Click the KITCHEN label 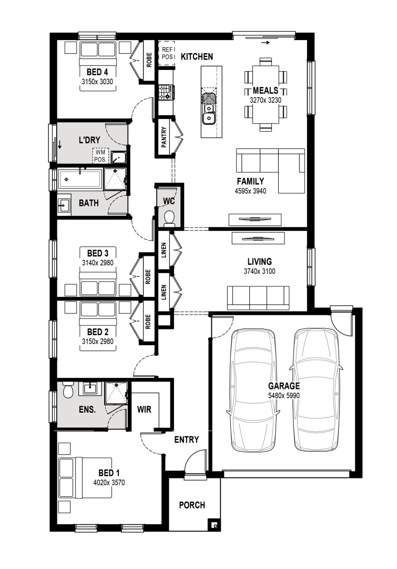click(197, 57)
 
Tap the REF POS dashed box click(167, 53)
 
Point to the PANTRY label click(164, 137)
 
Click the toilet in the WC click(169, 219)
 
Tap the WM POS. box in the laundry click(100, 156)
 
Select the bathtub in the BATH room click(80, 179)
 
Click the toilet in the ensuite click(68, 390)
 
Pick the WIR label click(144, 410)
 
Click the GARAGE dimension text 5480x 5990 click(284, 395)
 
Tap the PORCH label click(192, 505)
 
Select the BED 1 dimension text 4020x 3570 click(109, 483)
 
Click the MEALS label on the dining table click(266, 91)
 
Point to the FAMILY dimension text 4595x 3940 click(250, 191)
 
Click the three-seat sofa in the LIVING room click(258, 298)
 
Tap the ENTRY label click(186, 440)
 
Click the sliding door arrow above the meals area click(266, 43)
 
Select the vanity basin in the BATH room click(64, 205)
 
